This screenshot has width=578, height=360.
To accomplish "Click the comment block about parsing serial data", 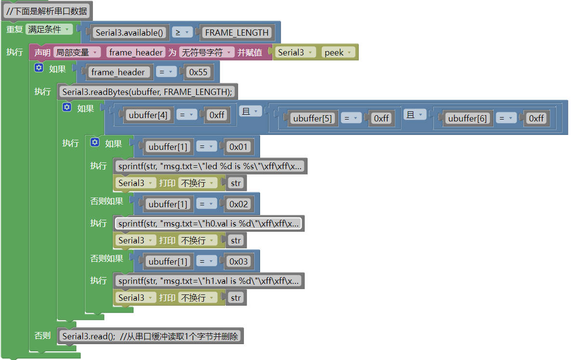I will click(46, 11).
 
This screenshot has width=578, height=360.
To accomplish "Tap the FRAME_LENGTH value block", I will click(236, 33).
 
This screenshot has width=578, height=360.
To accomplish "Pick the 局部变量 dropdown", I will click(77, 53).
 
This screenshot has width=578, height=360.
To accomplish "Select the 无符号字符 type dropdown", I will click(206, 53).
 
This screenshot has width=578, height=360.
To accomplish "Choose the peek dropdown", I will click(338, 53).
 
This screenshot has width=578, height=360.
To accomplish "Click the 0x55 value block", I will click(198, 72).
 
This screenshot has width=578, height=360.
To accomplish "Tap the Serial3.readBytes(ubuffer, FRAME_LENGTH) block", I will click(147, 92).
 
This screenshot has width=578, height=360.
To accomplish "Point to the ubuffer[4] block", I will click(147, 115).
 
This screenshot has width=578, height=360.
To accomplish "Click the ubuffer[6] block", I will click(467, 118).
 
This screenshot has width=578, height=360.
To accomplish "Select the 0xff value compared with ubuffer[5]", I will click(381, 118).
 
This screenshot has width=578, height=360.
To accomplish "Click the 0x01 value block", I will click(239, 147).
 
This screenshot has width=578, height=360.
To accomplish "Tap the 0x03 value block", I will click(239, 262).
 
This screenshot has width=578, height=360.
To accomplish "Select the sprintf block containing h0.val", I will click(209, 224).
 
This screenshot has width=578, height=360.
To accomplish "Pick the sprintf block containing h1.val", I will click(209, 281).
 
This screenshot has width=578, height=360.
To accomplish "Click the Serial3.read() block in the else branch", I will click(150, 336).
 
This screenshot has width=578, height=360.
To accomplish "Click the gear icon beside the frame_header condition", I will click(39, 68).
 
